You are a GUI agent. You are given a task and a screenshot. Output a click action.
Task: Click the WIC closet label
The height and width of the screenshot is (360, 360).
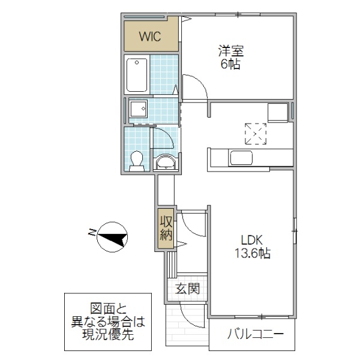tap(150, 36)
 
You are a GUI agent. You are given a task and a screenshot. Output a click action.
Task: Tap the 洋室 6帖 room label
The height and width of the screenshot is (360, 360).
tap(230, 57)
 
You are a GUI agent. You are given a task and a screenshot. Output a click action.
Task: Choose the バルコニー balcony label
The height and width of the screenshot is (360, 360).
tap(252, 334)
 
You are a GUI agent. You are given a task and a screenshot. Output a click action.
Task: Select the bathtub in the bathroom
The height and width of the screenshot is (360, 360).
tap(137, 74)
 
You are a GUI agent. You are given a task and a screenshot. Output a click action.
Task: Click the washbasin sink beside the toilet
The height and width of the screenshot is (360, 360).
tap(164, 163)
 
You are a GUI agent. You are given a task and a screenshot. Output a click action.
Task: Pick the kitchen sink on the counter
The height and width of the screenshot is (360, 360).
tap(241, 158)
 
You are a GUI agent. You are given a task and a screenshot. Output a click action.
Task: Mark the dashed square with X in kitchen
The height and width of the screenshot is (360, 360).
tap(255, 133)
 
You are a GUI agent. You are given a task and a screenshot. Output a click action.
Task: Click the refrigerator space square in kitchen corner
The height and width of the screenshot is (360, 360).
tap(278, 112)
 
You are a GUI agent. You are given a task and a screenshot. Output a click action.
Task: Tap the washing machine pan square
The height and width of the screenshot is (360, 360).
tap(139, 109)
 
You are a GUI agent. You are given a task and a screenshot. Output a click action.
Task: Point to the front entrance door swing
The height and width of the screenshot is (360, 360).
tap(192, 315)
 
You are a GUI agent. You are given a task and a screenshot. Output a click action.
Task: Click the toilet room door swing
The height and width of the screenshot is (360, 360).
tap(163, 139)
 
